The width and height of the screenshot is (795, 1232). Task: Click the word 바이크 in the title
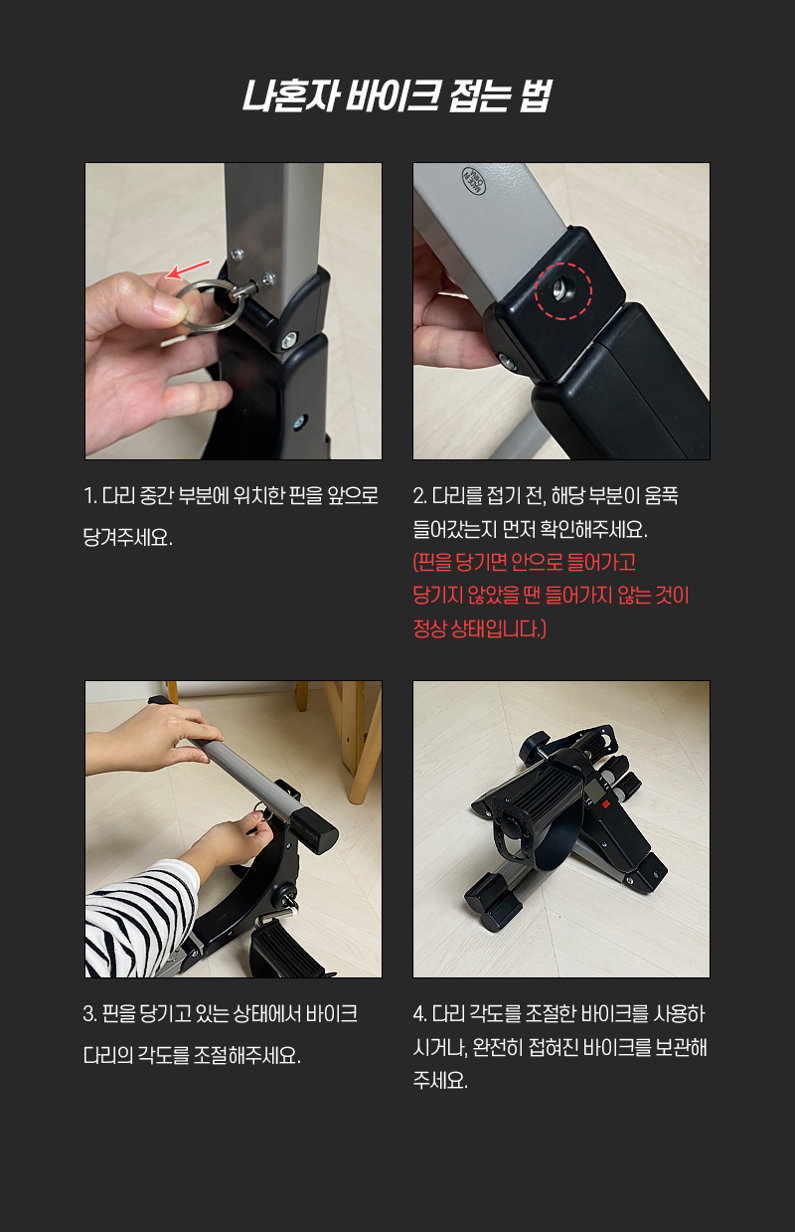pyautogui.click(x=394, y=95)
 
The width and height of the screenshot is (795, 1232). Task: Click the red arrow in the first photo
pyautogui.click(x=188, y=268)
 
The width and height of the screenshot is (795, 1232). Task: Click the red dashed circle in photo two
pyautogui.click(x=563, y=291)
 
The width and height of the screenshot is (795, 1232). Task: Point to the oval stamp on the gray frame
pyautogui.click(x=474, y=181)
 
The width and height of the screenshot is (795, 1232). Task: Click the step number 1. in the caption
pyautogui.click(x=90, y=496)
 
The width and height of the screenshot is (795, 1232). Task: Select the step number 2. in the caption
pyautogui.click(x=420, y=496)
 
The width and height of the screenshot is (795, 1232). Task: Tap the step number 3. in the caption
pyautogui.click(x=90, y=1013)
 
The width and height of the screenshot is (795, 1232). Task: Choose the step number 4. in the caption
pyautogui.click(x=420, y=1013)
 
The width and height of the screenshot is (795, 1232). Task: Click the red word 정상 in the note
pyautogui.click(x=429, y=628)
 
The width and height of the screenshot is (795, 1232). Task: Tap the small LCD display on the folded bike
pyautogui.click(x=594, y=792)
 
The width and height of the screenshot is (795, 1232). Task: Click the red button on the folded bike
pyautogui.click(x=605, y=804)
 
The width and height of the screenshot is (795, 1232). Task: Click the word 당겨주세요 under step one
pyautogui.click(x=127, y=537)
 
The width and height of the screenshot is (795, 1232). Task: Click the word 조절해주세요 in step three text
pyautogui.click(x=247, y=1055)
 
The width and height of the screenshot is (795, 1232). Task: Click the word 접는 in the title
pyautogui.click(x=478, y=95)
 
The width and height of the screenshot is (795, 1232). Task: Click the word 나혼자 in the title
pyautogui.click(x=290, y=95)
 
